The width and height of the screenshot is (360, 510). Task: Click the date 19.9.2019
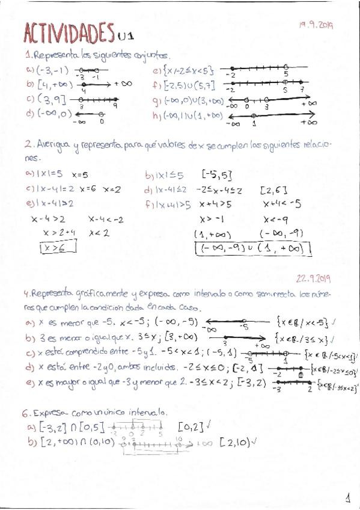(x=316, y=25)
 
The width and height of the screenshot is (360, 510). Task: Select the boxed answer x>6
(x=52, y=247)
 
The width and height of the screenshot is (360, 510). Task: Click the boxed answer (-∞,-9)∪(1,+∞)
(x=252, y=248)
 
